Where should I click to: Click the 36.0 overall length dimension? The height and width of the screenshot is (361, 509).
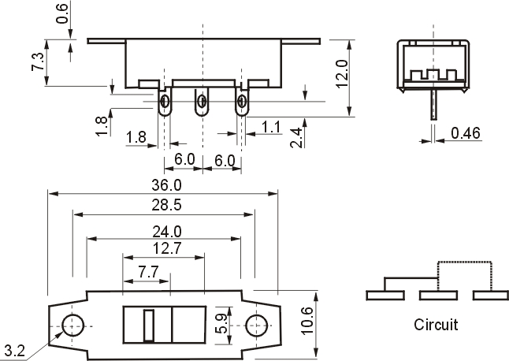(167, 185)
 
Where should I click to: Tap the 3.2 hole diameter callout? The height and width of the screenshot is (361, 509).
(13, 349)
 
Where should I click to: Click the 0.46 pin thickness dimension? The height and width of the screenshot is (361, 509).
(466, 132)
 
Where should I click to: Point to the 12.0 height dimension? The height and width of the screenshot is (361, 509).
(341, 73)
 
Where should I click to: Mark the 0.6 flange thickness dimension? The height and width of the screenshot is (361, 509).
(63, 14)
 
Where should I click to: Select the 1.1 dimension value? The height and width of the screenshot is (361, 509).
(270, 126)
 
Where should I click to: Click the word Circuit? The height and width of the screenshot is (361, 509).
(435, 324)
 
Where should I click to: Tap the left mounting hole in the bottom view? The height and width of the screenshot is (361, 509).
(73, 325)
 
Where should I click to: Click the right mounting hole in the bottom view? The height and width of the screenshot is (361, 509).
(257, 325)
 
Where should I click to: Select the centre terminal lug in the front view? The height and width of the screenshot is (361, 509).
(202, 102)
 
